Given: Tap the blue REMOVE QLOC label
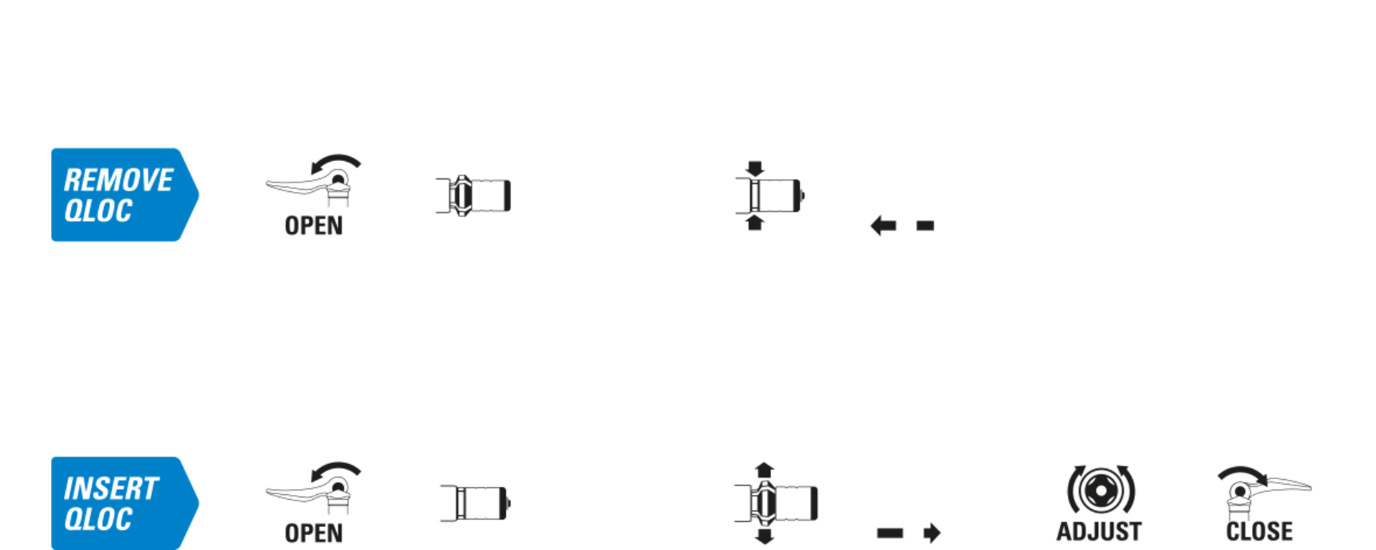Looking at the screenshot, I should tap(122, 195).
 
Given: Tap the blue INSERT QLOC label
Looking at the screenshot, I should tap(122, 503).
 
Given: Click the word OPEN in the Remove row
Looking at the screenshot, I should tap(314, 226).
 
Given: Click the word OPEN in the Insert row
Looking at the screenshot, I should tap(314, 534).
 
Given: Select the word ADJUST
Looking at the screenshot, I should tap(1099, 531).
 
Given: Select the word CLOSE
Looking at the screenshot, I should tap(1259, 531).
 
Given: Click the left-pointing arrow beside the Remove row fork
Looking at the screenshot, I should tap(883, 226).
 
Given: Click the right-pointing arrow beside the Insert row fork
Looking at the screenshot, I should tap(931, 533).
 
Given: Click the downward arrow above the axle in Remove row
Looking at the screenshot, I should tap(755, 169).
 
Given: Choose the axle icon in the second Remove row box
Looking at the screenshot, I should tap(474, 195).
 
